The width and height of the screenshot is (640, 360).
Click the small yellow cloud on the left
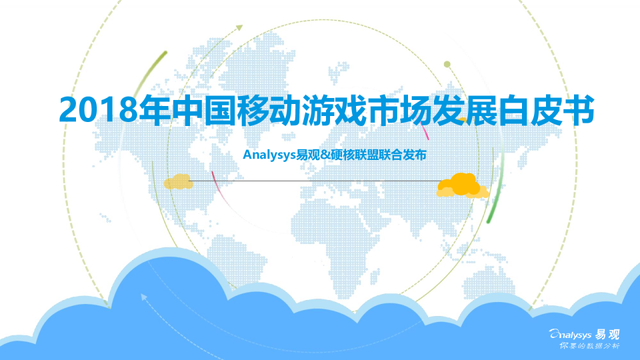coord(178,181)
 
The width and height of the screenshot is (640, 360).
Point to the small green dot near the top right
coord(447,65)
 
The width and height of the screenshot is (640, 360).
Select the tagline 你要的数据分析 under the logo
coord(589,347)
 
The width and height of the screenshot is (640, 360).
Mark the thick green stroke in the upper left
coord(147,71)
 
